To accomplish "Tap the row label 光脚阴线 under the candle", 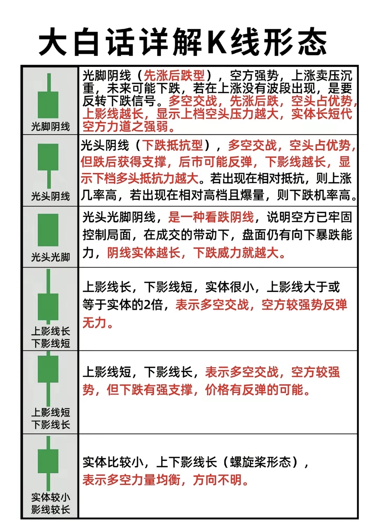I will coord(51,126).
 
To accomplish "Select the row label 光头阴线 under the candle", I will coord(51,196).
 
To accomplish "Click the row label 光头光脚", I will coord(51,257).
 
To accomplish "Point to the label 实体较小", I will coord(51,497).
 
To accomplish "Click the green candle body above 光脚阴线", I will coord(48,104).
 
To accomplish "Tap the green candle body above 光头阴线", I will coord(48,157).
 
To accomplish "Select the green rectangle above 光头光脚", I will coord(48,230).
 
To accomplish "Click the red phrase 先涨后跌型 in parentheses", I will coord(174,75).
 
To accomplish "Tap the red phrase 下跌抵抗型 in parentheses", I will coord(172,145).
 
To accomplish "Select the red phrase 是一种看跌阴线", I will coord(211,217).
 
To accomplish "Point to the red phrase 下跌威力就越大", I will coord(236,253).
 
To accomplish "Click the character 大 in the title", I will coord(53,42).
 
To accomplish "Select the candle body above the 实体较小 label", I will coord(48,461).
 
